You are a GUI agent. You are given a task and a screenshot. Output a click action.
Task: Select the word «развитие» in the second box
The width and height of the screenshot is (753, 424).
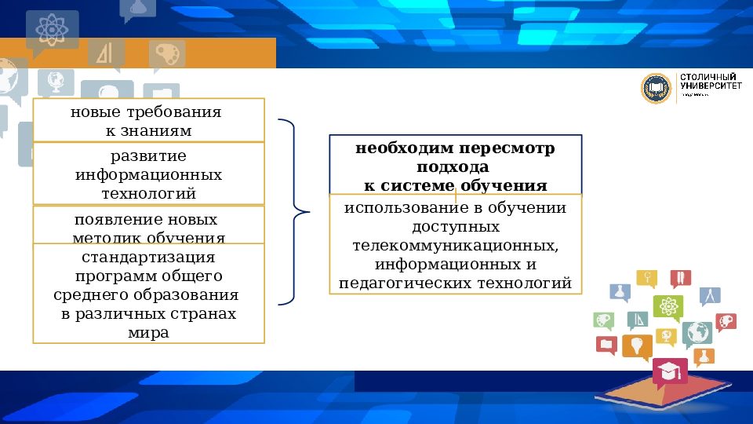148,155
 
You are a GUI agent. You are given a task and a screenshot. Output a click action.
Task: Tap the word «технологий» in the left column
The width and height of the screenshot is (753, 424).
148,193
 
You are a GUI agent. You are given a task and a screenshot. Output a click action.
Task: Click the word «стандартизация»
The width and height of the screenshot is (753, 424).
148,258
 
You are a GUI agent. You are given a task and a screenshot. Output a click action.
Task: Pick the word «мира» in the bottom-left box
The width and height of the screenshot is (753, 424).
148,332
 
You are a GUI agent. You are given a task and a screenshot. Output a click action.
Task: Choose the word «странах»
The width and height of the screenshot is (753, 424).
202,314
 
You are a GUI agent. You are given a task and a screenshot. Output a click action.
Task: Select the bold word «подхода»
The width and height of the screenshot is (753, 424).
455,167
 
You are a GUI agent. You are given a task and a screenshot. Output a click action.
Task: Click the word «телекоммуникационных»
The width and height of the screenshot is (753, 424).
455,245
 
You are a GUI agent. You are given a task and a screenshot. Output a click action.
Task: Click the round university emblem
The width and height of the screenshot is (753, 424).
657,89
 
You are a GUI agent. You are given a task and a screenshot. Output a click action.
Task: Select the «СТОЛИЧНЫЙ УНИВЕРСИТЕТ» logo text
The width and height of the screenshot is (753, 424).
708,83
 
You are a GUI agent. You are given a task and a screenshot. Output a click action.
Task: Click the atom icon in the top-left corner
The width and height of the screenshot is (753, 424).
52,28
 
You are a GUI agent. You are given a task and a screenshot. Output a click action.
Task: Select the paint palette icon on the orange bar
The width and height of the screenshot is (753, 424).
167,55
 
